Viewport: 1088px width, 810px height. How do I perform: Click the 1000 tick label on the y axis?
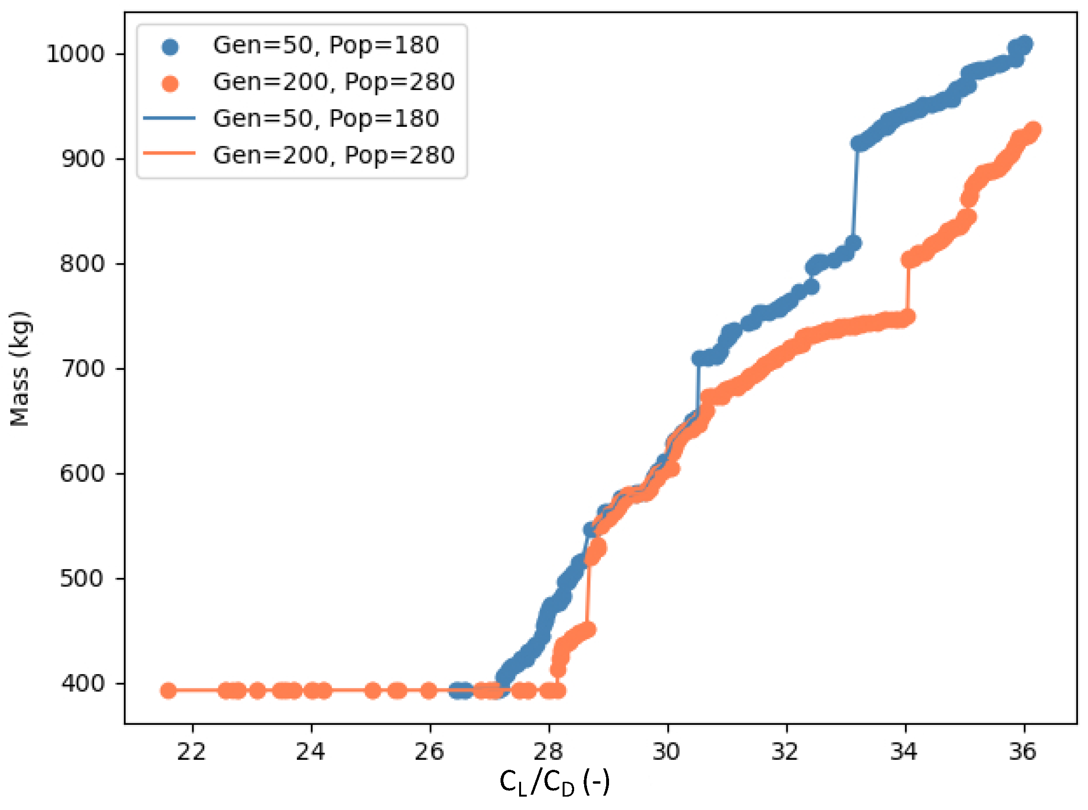point(76,54)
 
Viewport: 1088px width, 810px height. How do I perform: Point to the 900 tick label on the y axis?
point(83,159)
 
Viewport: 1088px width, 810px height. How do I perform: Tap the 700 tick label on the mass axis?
point(83,369)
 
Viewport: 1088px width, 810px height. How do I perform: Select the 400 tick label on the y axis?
point(83,683)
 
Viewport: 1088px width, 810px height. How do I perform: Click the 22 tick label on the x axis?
point(192,752)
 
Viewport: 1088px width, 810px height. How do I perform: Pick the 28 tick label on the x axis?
point(548,752)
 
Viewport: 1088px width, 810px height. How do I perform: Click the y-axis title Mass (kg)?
point(20,369)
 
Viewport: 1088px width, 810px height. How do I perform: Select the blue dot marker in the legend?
point(170,46)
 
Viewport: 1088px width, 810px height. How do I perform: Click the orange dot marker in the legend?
point(170,83)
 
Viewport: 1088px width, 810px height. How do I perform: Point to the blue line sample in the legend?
point(169,118)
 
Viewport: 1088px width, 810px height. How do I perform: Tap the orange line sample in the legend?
point(169,154)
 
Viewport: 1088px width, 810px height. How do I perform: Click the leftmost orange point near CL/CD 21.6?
point(168,691)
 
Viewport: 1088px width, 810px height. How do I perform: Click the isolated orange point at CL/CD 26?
point(429,691)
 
